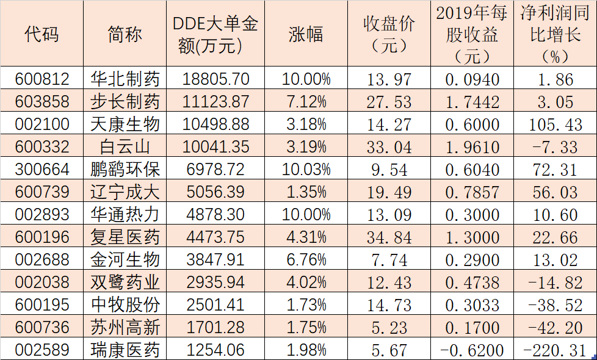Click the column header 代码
[42, 34]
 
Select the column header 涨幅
[306, 34]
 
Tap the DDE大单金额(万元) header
[215, 34]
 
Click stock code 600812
[42, 79]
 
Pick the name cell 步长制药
[125, 101]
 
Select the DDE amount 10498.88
[216, 124]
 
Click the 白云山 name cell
[125, 146]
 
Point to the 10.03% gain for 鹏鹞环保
[306, 169]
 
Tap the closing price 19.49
[389, 192]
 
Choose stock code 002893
[42, 215]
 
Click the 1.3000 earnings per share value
[472, 237]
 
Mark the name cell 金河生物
[125, 259]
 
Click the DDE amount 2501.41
[216, 304]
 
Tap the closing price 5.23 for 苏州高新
[389, 327]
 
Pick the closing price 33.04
[389, 146]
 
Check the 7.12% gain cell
[306, 101]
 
